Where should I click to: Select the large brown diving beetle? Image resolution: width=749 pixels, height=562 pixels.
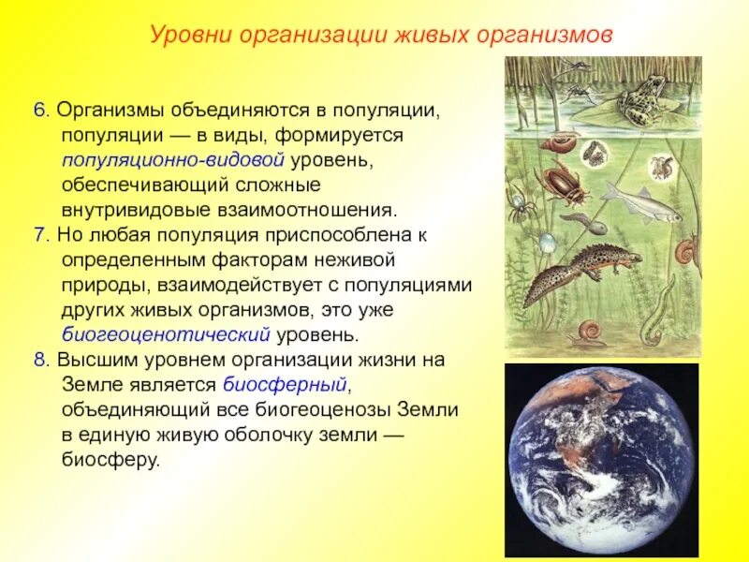coord(565,182)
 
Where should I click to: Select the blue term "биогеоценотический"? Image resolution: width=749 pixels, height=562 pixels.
coord(167,334)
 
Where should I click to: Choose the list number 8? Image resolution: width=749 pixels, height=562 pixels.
coord(39,360)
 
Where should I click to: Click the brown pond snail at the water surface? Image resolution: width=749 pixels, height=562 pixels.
coord(564,142)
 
